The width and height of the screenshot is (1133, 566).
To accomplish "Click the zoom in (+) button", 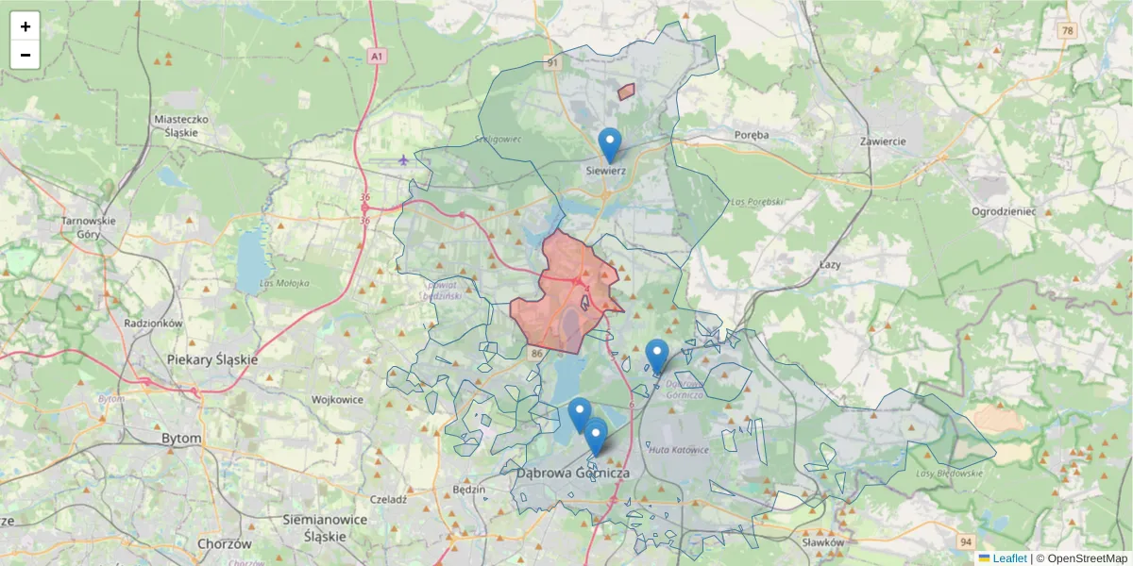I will point(25,26).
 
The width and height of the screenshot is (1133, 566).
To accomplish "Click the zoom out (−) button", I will point(25,55).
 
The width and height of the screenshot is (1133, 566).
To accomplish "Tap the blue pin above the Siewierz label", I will point(610,145).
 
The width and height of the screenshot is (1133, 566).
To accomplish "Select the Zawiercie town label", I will point(883,141).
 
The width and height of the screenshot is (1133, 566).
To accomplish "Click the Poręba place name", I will point(752,135).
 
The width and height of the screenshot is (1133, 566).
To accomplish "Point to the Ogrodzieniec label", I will point(1003,211).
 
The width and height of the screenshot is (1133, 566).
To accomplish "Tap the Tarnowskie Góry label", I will point(88,226).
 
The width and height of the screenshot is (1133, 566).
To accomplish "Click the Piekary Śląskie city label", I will point(211,359).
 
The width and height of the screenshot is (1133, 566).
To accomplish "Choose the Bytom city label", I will point(181,439).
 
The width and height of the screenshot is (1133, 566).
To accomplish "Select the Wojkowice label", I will point(338,399).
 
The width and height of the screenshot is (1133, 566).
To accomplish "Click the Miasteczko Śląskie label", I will point(180,125).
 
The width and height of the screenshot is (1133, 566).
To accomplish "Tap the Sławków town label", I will point(820,542).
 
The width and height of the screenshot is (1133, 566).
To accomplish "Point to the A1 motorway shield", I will point(377,57).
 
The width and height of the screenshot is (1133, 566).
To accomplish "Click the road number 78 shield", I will point(1067,31).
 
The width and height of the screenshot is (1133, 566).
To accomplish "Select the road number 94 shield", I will point(964,542).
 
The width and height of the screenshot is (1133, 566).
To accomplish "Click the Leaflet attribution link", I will point(1008,558).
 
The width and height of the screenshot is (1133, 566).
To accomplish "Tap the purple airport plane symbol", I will point(404,159).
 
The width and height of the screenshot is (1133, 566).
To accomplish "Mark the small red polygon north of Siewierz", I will point(625,92).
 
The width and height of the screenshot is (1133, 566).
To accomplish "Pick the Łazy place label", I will point(830,266).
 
